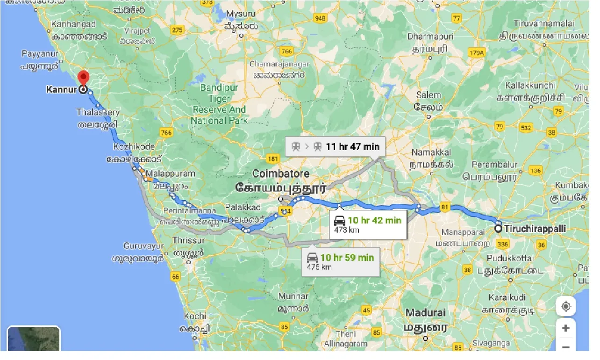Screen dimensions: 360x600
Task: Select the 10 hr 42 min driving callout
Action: click(367, 224)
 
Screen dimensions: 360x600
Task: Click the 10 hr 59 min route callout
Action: click(340, 261)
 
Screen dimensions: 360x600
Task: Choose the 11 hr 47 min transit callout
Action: click(336, 147)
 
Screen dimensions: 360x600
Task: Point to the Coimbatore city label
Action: click(280, 174)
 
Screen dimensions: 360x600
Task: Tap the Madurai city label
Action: click(425, 313)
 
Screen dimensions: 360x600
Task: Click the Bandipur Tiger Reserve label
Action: click(219, 104)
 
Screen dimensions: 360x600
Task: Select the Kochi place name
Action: click(195, 317)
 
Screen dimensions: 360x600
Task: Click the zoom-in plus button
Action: click(565, 328)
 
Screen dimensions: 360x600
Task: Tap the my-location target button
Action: click(565, 307)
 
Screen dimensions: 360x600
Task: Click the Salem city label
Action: click(428, 95)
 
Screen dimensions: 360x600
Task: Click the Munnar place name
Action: click(293, 296)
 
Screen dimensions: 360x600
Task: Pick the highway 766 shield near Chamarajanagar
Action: click(286, 51)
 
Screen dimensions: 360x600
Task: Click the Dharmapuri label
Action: click(428, 36)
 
